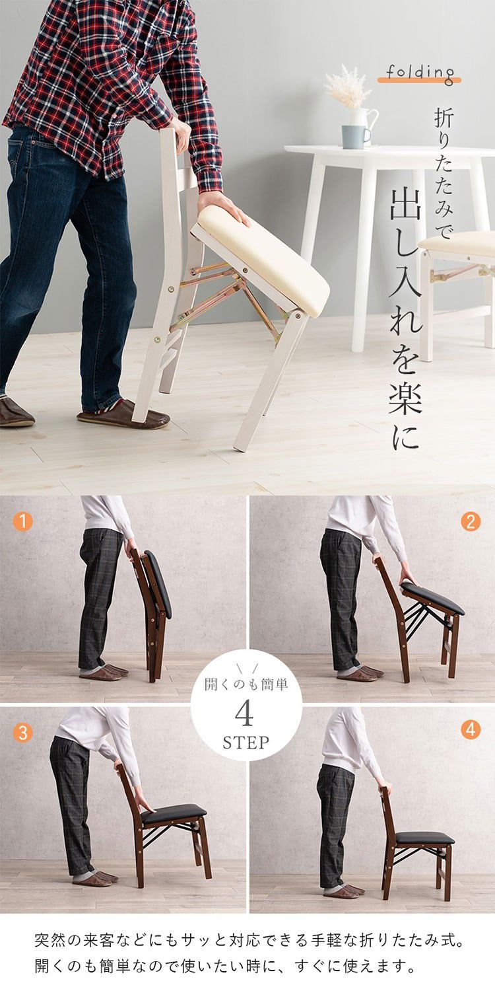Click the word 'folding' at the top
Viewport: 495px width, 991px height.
(x=420, y=72)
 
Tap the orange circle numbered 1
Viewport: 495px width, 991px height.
(x=22, y=521)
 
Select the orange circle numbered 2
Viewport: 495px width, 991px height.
(x=471, y=521)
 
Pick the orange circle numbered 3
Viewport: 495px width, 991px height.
(x=22, y=733)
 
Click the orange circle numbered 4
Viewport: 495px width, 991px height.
(x=471, y=730)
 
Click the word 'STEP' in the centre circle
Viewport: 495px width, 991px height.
(x=246, y=742)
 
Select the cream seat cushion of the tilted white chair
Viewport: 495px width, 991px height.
(x=264, y=258)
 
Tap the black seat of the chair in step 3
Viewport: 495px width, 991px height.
(x=173, y=813)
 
